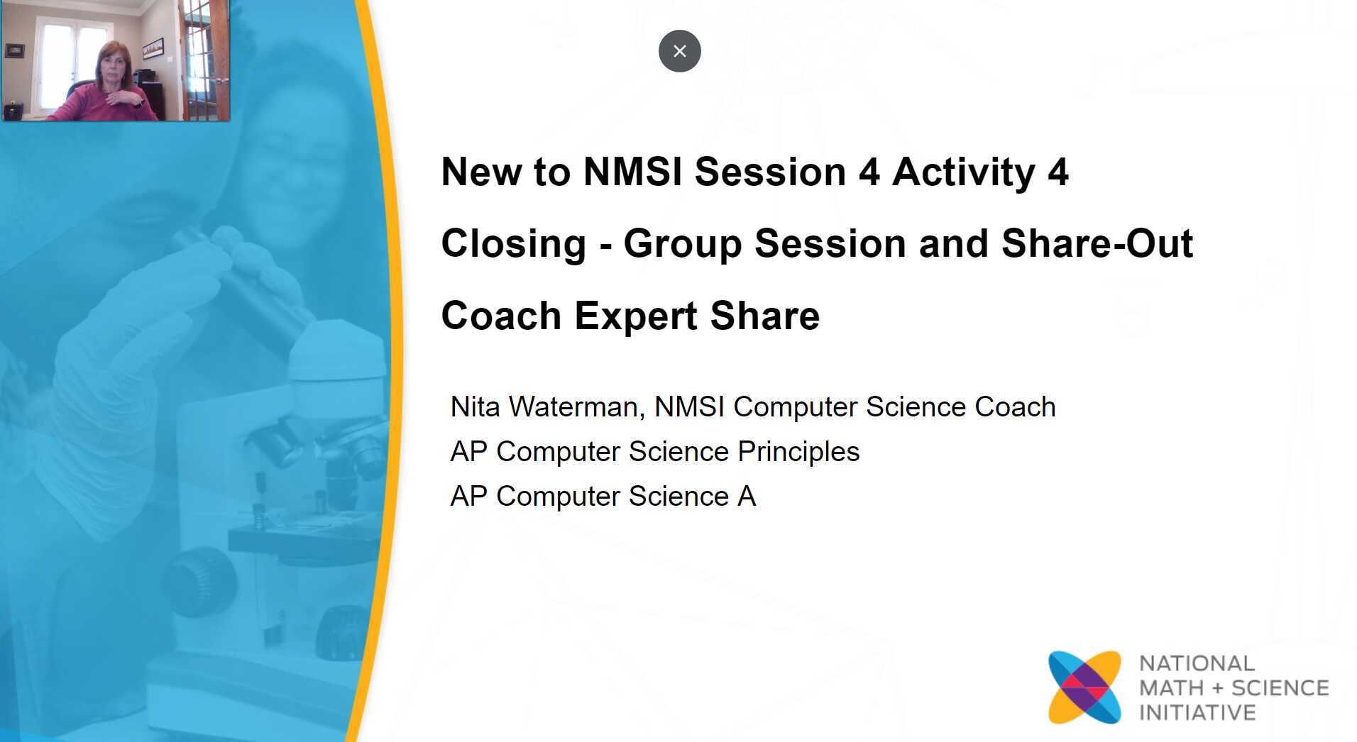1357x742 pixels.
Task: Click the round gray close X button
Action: pyautogui.click(x=679, y=51)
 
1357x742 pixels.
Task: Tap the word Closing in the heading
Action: pyautogui.click(x=513, y=244)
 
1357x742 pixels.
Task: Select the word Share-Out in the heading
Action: pyautogui.click(x=1097, y=244)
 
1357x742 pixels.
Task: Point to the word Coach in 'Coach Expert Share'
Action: pyautogui.click(x=500, y=316)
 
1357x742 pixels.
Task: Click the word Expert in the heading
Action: pyautogui.click(x=635, y=316)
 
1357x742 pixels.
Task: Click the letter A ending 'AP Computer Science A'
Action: pyautogui.click(x=747, y=497)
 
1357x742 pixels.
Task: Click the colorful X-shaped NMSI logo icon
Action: pyautogui.click(x=1084, y=687)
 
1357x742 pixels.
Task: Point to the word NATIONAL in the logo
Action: pyautogui.click(x=1197, y=663)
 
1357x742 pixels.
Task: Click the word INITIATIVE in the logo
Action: pyautogui.click(x=1197, y=712)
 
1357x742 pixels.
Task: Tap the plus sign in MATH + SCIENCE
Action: pyautogui.click(x=1218, y=688)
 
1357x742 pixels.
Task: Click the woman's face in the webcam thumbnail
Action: pyautogui.click(x=114, y=67)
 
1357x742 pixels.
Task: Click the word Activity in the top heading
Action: pyautogui.click(x=963, y=172)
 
